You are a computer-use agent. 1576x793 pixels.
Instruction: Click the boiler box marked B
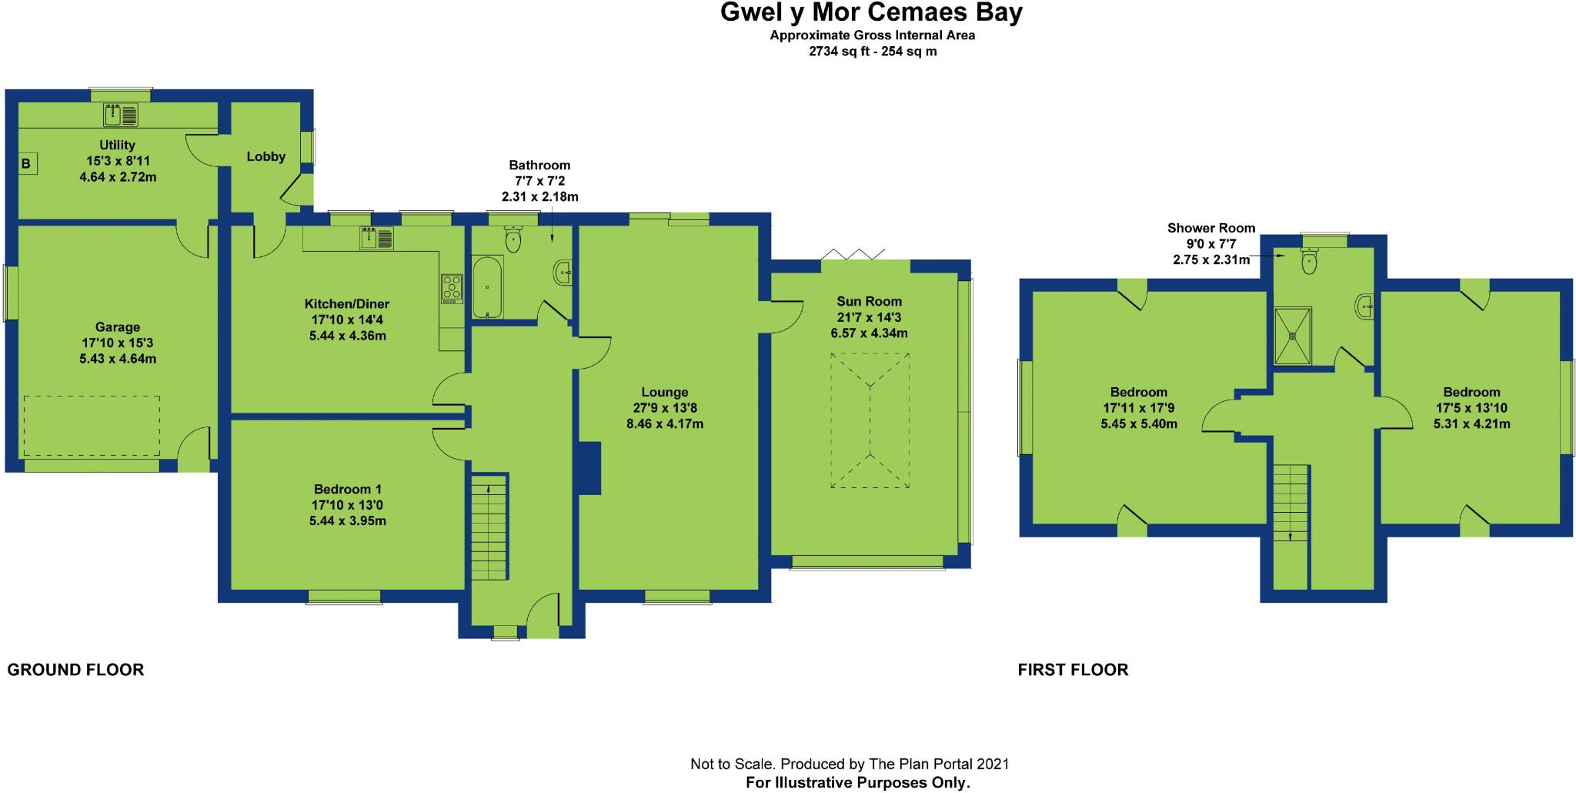click(27, 163)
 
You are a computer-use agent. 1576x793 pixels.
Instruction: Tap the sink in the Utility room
click(121, 115)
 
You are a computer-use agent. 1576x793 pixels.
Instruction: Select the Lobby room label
click(266, 156)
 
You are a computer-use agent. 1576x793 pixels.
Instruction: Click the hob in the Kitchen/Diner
click(452, 288)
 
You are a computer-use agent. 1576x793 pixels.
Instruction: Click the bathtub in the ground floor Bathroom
click(487, 289)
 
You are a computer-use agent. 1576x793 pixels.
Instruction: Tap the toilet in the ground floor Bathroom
click(513, 240)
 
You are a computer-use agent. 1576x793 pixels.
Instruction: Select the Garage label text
click(118, 327)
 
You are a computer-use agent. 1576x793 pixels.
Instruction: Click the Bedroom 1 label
click(348, 489)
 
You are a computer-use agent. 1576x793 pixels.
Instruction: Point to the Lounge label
click(665, 392)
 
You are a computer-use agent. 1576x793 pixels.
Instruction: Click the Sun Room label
click(870, 301)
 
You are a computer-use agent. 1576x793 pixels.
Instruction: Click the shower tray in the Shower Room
click(1293, 336)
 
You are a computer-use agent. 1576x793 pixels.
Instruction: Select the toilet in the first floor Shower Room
click(1307, 263)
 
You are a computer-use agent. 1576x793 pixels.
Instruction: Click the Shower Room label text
click(1211, 228)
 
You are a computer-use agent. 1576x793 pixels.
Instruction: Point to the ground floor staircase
click(489, 527)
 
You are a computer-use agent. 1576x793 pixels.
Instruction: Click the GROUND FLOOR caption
click(75, 670)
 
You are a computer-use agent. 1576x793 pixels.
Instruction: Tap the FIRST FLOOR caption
click(1073, 670)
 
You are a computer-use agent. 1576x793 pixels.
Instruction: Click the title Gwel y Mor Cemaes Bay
click(871, 13)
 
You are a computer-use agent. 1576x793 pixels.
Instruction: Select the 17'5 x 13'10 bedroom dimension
click(1471, 408)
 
